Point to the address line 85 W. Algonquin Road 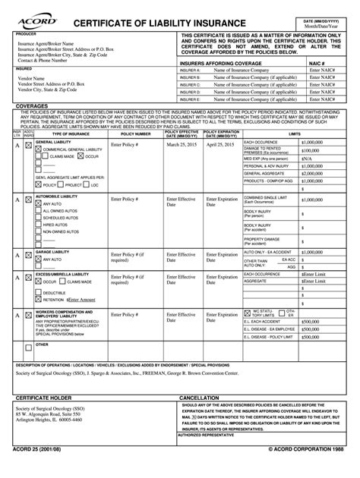tap(58, 415)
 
